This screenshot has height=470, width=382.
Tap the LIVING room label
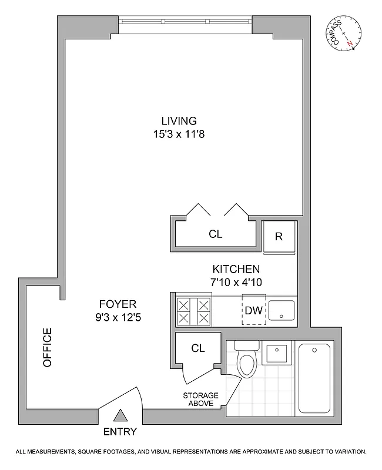(180, 121)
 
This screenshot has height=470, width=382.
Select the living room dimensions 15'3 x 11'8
(180, 134)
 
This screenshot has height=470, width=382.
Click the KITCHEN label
(236, 269)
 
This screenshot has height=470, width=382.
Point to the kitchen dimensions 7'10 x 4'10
(236, 282)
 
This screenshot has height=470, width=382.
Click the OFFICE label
(48, 347)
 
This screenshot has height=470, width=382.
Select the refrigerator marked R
(279, 237)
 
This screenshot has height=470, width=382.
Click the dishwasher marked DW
(254, 310)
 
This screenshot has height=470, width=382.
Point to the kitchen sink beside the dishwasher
(283, 309)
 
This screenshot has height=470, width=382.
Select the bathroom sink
(276, 354)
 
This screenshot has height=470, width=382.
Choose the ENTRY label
(120, 432)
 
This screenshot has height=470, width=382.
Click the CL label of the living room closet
(216, 234)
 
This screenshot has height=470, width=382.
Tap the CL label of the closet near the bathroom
(198, 348)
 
